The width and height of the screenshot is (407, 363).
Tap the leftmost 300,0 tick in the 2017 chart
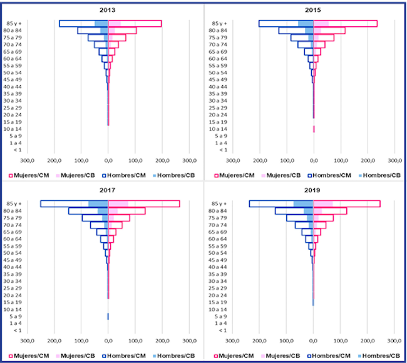(27, 341)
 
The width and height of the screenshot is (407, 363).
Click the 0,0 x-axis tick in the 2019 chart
(313, 341)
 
